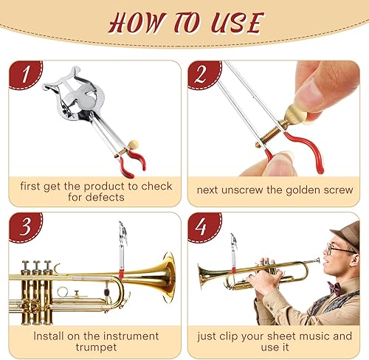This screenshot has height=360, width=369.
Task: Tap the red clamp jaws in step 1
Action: tap(134, 159)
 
